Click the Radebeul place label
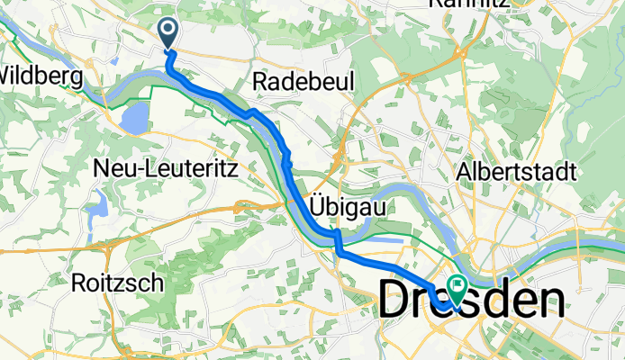point(303,81)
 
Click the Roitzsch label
point(117,283)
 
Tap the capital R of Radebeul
point(261,81)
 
